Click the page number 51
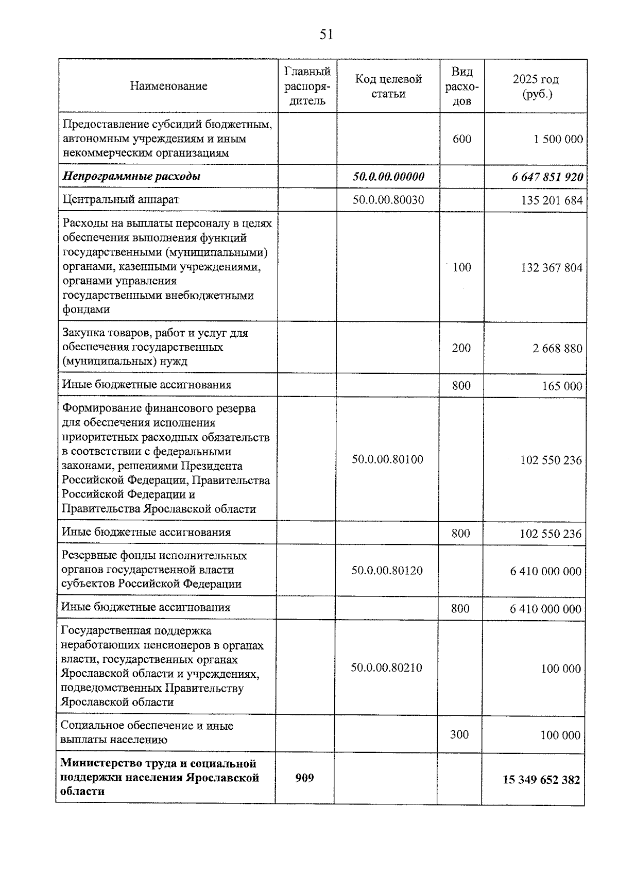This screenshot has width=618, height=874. (327, 35)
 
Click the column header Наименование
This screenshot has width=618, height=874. (168, 86)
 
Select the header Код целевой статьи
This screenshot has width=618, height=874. (388, 86)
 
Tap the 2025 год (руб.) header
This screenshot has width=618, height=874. (536, 86)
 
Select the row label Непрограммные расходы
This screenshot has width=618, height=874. (131, 177)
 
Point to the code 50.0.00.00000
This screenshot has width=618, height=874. (388, 177)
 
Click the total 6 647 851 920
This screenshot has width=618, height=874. (547, 177)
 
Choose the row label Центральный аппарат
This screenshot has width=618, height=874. (121, 199)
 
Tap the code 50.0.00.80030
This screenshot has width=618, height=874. (388, 200)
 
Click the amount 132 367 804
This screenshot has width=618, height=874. (552, 268)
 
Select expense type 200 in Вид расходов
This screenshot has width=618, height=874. (461, 348)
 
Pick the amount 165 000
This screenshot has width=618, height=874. (562, 386)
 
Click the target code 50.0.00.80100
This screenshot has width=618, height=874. (387, 459)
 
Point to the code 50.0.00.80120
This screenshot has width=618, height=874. (387, 571)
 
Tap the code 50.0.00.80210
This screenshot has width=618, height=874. (386, 668)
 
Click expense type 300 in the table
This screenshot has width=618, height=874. (459, 734)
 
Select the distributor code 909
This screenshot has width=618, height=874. (304, 778)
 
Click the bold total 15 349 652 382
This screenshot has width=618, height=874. (541, 780)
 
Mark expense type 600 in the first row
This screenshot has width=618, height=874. (462, 139)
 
